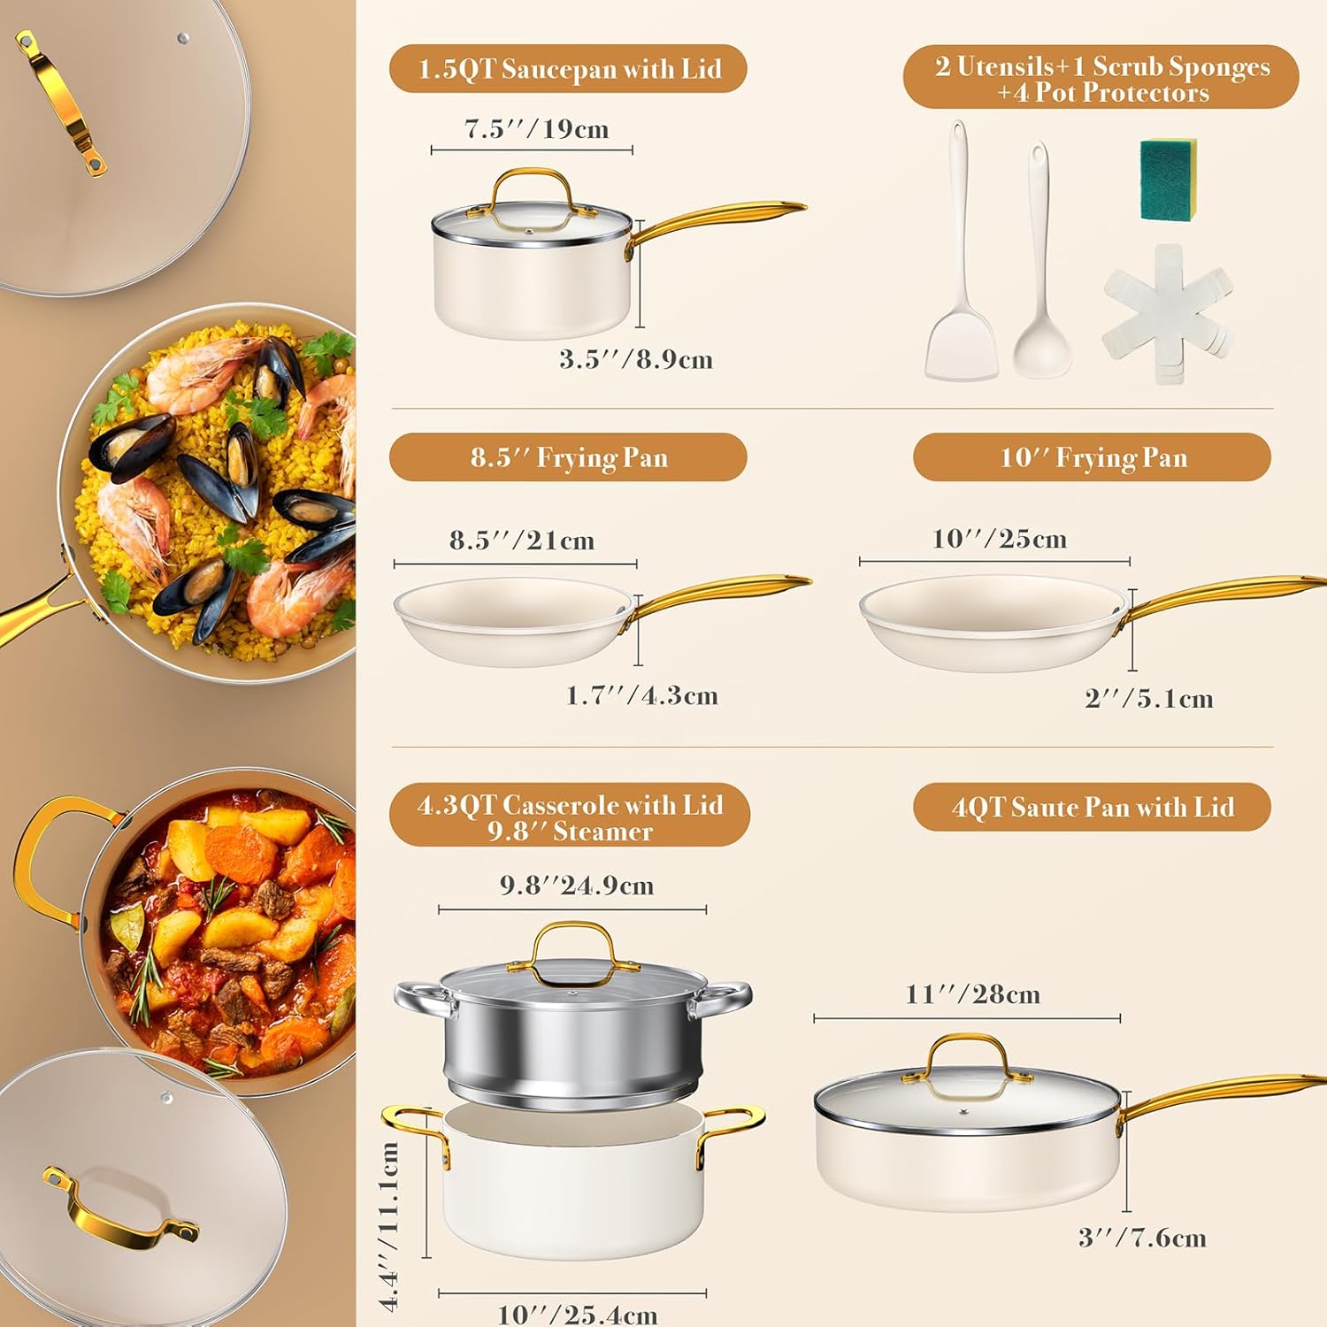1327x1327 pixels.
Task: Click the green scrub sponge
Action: click(x=1169, y=180)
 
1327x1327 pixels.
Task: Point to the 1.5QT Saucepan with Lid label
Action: click(x=568, y=69)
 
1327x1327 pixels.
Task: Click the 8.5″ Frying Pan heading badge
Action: click(x=568, y=457)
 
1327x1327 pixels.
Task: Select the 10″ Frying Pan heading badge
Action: click(x=1093, y=457)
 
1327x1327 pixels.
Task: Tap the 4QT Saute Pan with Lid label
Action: click(x=1093, y=807)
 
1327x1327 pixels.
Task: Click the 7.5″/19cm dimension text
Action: click(x=537, y=129)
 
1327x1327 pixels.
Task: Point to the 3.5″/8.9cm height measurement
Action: click(x=636, y=359)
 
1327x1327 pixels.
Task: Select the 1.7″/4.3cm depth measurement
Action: click(x=642, y=695)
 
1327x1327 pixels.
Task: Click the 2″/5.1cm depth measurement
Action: click(x=1149, y=698)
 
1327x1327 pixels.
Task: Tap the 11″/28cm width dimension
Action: click(x=973, y=994)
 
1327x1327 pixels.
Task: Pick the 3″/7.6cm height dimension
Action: click(x=1142, y=1238)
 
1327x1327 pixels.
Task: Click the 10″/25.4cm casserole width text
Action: click(x=578, y=1315)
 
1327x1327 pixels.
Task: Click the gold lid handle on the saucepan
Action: click(x=531, y=188)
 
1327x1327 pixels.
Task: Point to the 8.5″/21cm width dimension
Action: click(x=522, y=541)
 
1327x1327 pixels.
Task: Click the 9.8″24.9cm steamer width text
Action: click(x=577, y=885)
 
